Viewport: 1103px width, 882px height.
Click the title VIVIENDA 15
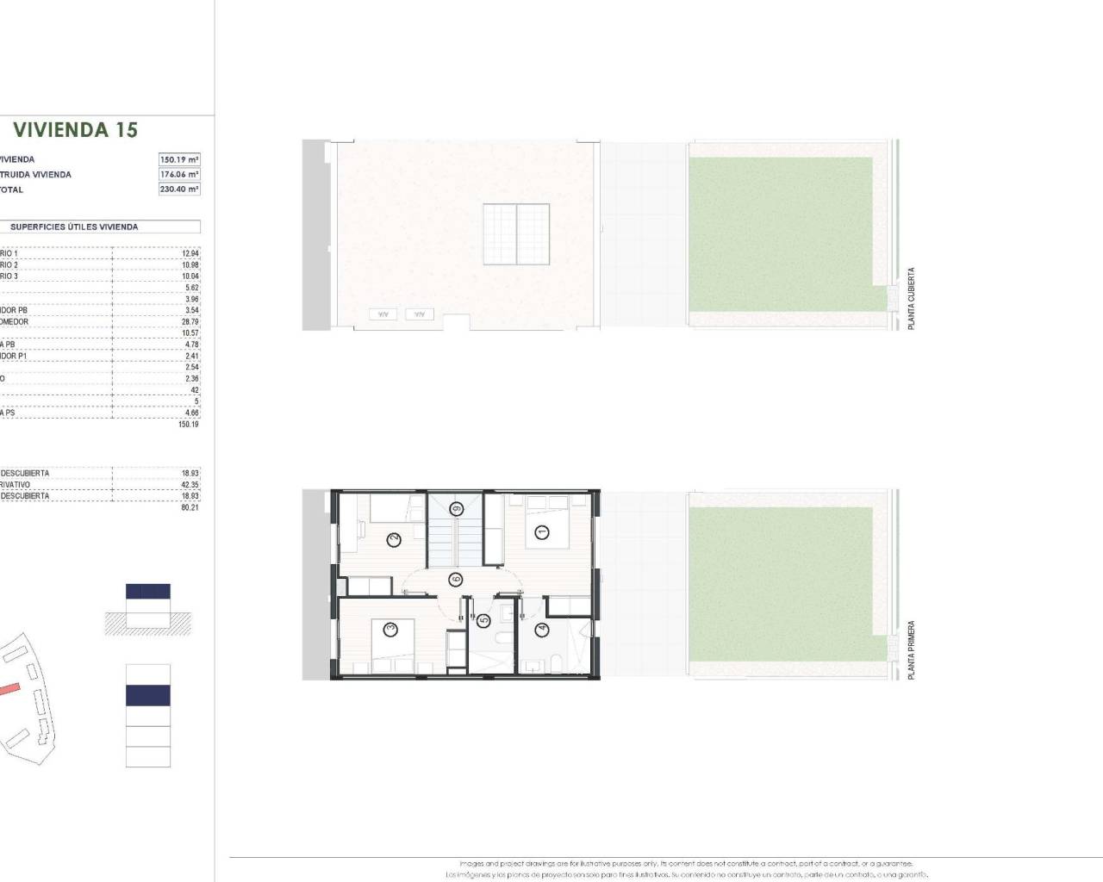click(75, 130)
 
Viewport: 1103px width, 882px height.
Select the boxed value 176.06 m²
click(179, 175)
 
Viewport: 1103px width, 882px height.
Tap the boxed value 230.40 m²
click(179, 189)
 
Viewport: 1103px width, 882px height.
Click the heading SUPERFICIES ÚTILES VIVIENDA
click(74, 227)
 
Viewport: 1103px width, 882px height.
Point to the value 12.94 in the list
click(190, 253)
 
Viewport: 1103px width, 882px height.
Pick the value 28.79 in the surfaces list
click(190, 322)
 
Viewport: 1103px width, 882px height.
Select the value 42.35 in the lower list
click(190, 485)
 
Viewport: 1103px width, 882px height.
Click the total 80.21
click(190, 508)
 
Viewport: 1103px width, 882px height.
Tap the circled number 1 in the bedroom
click(541, 531)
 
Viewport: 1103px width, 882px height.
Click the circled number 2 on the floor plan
click(393, 540)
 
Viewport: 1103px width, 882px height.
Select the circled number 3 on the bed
click(390, 630)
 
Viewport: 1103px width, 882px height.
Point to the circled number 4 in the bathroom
click(541, 630)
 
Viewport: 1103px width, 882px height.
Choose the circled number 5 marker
click(483, 619)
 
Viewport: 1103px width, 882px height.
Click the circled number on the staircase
click(455, 509)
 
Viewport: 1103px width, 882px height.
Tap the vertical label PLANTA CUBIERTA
click(912, 298)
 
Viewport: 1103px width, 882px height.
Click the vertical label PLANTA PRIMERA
click(912, 650)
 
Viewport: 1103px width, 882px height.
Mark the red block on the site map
click(9, 688)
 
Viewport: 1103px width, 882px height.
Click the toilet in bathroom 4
click(556, 661)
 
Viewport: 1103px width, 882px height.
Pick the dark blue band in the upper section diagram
click(148, 592)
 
